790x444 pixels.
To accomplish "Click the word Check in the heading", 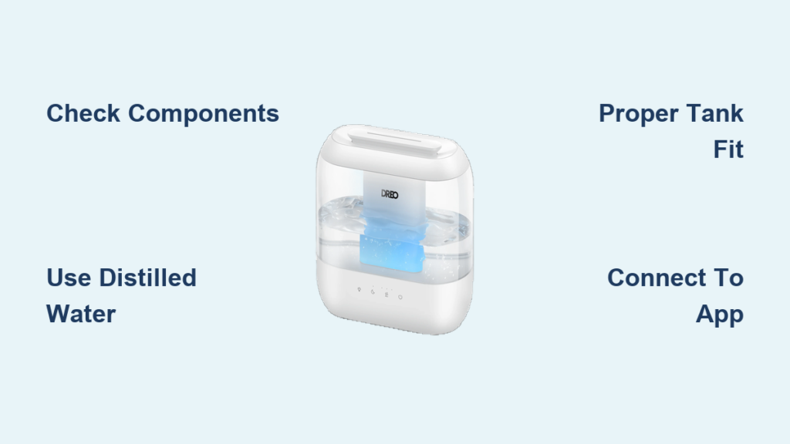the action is [83, 113].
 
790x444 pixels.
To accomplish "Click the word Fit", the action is [728, 150].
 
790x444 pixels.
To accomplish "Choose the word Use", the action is [69, 277].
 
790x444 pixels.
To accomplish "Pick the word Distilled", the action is [147, 277].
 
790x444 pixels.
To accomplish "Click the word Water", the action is [81, 314].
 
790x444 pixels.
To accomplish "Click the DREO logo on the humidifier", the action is [390, 194].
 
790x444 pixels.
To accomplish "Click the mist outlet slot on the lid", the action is [394, 139].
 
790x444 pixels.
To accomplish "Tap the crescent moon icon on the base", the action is [373, 292].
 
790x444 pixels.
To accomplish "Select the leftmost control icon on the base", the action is [359, 290].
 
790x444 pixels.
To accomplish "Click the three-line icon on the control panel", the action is [387, 294].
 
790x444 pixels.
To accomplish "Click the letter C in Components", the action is [138, 113].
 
